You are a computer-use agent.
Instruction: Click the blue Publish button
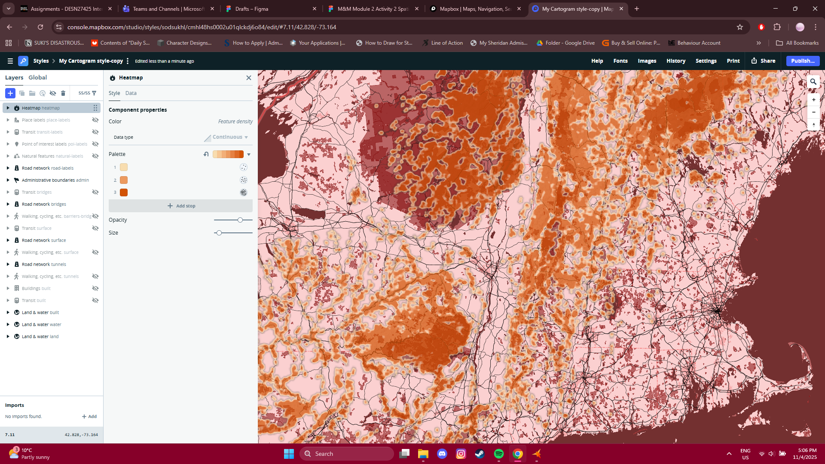(x=802, y=61)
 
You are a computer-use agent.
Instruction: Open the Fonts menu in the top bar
(x=620, y=61)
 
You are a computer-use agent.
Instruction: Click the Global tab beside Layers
(x=37, y=77)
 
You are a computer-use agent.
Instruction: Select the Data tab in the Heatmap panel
(x=131, y=93)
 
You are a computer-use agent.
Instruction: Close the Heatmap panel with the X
(x=248, y=78)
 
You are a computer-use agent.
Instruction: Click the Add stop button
(x=181, y=206)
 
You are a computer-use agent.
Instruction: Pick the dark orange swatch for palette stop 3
(x=124, y=192)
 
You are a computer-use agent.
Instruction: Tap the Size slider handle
(x=219, y=233)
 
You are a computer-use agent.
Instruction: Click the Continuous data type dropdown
(x=230, y=137)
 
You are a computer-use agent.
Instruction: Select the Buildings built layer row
(x=36, y=288)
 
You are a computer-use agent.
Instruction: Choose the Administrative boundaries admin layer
(x=55, y=180)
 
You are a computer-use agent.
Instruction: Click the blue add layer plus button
(x=10, y=93)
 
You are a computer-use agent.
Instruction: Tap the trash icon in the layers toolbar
(x=63, y=93)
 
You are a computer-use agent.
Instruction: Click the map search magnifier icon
(x=813, y=82)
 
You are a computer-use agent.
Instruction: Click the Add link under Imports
(x=89, y=416)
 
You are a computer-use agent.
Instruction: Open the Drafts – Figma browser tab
(x=252, y=9)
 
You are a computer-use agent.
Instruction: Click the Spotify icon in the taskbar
(x=498, y=454)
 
